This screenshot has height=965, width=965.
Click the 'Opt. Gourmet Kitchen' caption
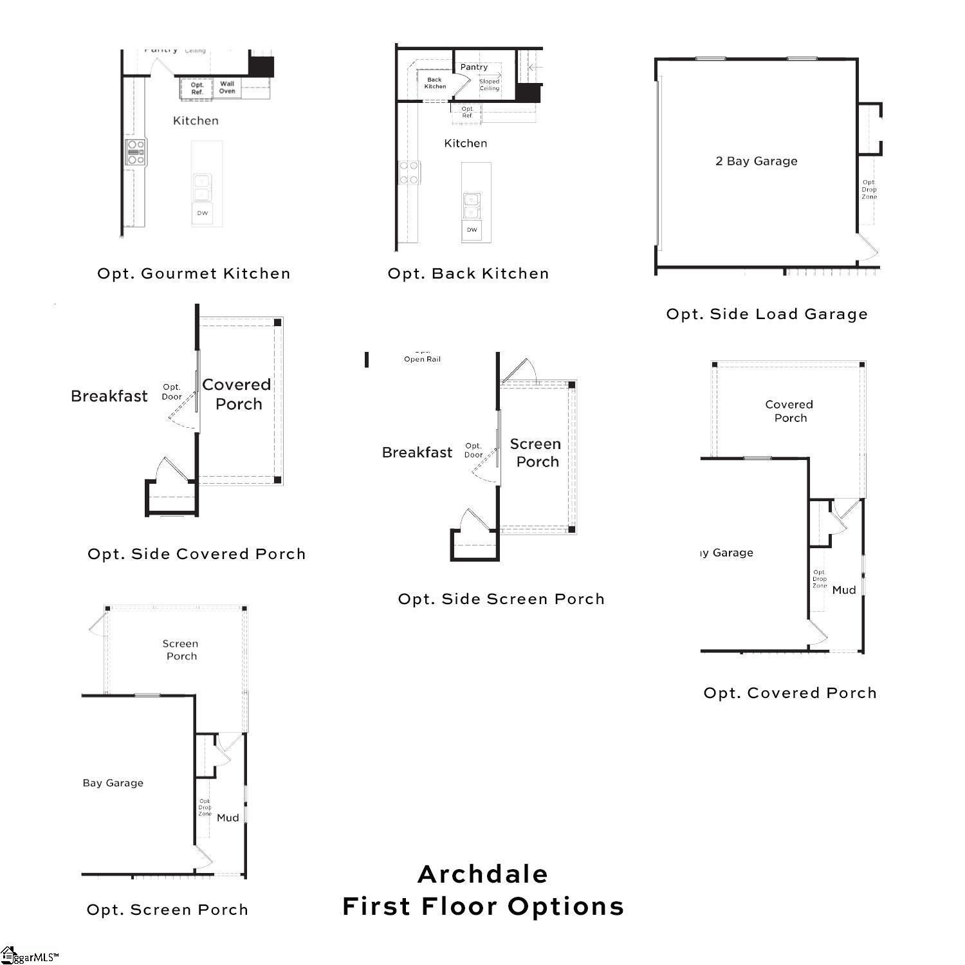coord(194,273)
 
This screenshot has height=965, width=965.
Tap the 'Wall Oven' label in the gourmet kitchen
coord(227,87)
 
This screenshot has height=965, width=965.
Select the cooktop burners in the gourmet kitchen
coord(136,152)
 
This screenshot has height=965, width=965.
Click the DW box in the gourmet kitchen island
coord(203,213)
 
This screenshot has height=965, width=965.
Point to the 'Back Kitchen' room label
coord(435,83)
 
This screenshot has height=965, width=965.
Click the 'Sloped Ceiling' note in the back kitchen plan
coord(490,85)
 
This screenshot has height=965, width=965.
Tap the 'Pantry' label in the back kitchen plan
coord(474,67)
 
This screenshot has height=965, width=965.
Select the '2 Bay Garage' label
coord(756,161)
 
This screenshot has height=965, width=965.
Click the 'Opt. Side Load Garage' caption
coord(767,314)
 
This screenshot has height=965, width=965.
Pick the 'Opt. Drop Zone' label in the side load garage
coord(869,190)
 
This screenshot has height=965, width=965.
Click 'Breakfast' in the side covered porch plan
coord(109,396)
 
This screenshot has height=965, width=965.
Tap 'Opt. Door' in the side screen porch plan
coord(473,450)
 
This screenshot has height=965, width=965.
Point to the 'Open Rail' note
coord(422,359)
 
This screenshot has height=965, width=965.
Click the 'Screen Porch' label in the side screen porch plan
coord(536,453)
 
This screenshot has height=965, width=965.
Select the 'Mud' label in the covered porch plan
coord(844,590)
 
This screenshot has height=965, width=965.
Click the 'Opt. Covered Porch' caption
coord(790,693)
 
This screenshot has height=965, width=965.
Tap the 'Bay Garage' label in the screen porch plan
coord(113,783)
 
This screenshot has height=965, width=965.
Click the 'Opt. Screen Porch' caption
coord(167,910)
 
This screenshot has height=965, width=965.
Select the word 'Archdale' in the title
coord(482,874)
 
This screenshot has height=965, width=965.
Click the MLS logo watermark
coord(29,956)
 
